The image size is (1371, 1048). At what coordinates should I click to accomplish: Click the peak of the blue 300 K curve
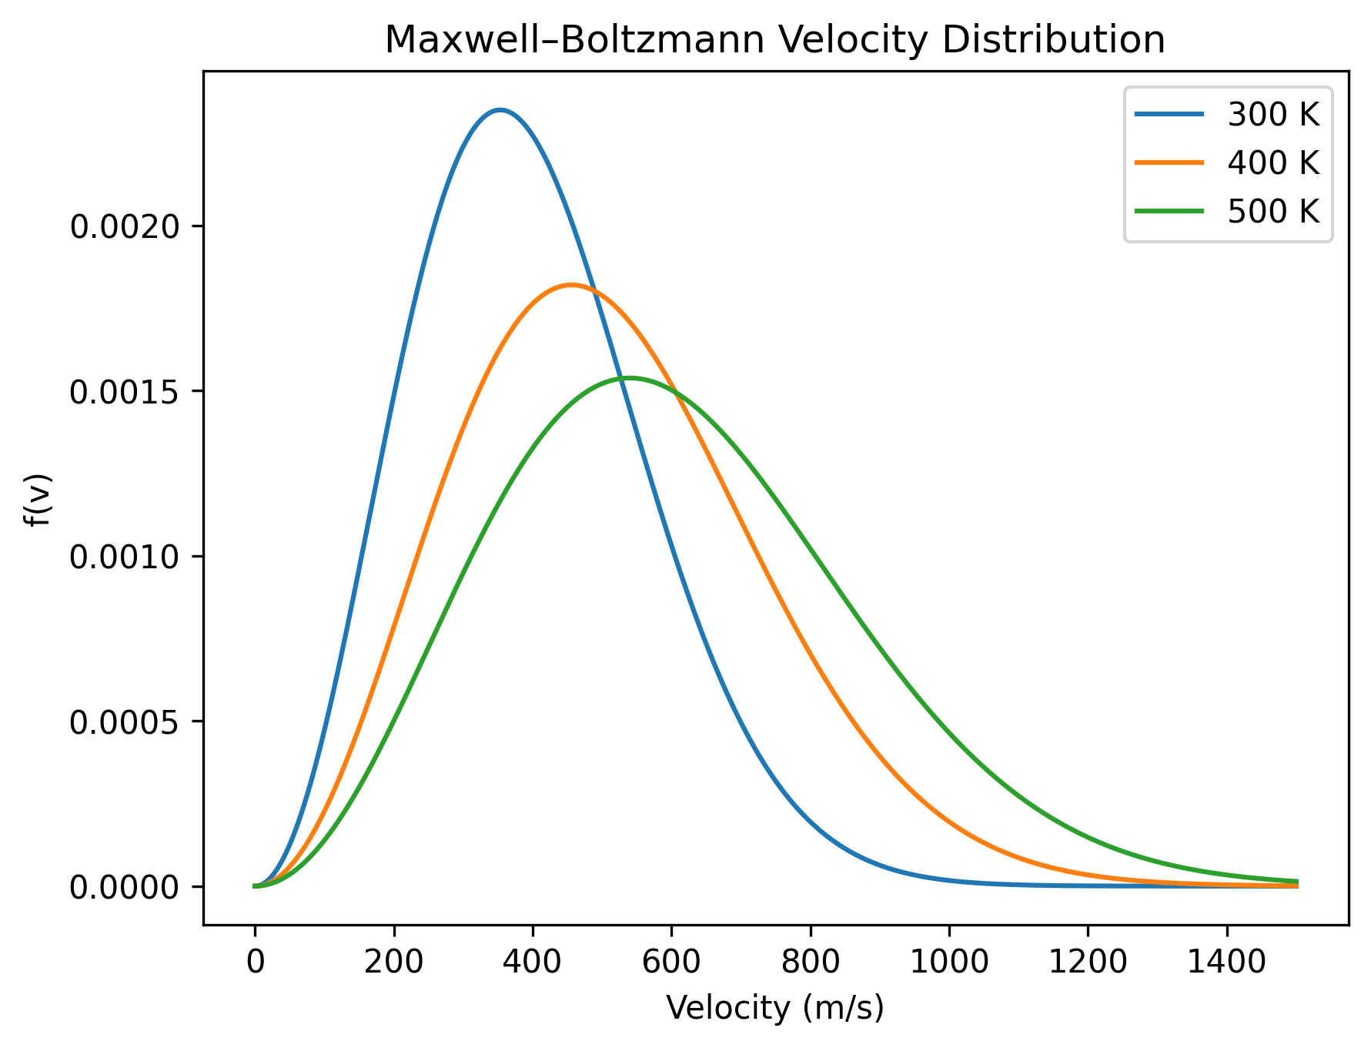coord(500,110)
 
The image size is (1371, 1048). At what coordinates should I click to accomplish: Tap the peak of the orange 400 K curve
coord(570,285)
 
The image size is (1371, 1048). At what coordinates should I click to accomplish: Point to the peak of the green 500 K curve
coord(630,377)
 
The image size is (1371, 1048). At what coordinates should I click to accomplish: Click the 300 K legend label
coord(1273,115)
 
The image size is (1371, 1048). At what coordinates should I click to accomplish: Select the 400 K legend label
coord(1273,162)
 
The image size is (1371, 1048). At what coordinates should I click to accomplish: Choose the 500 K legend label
coord(1273,210)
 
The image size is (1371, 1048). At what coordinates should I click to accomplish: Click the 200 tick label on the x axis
coord(393,963)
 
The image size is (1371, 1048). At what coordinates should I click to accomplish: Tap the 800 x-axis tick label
coord(810,963)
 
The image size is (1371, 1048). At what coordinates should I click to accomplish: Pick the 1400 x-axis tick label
coord(1226,963)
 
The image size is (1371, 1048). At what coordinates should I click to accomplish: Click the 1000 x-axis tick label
coord(948,963)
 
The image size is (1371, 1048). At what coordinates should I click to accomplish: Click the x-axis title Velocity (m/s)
coord(775,1007)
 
